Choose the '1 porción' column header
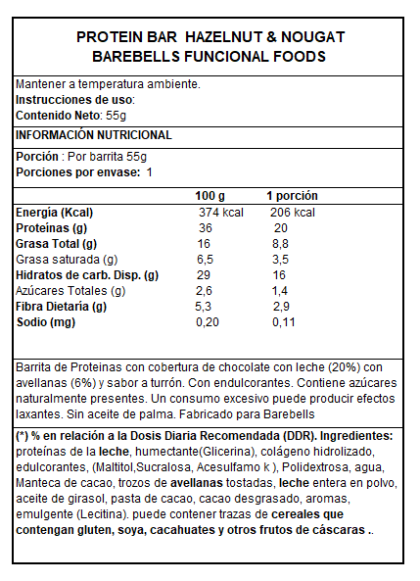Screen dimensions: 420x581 (292, 196)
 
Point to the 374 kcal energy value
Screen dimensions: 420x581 (220, 213)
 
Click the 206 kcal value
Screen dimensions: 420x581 (292, 213)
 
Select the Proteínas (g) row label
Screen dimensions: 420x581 (52, 228)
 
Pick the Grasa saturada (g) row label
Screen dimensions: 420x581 (67, 260)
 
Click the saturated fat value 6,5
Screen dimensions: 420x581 (206, 260)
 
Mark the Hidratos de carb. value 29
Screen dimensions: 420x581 (204, 275)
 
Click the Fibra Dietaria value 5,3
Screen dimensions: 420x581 (206, 307)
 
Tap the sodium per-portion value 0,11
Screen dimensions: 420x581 (283, 322)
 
